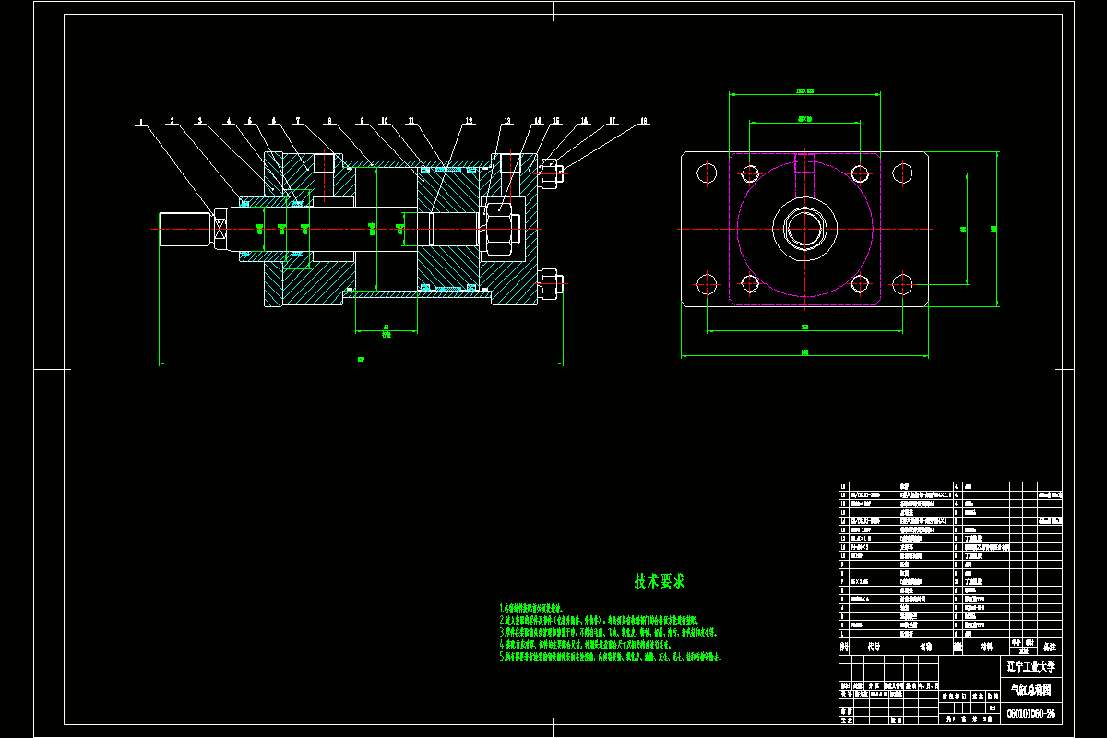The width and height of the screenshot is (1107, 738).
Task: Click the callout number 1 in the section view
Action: tap(141, 121)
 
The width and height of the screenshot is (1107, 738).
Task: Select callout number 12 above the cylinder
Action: tap(469, 121)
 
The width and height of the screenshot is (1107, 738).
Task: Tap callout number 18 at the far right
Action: tap(644, 121)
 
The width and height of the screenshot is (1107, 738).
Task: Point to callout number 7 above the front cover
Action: tap(298, 121)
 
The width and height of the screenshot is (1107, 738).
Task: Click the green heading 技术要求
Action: tap(660, 581)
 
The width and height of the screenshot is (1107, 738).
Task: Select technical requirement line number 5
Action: tap(609, 657)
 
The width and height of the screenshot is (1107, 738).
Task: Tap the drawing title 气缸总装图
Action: tap(1031, 689)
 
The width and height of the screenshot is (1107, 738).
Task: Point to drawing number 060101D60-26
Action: tap(1031, 713)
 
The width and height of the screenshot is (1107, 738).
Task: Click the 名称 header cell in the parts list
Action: tap(925, 648)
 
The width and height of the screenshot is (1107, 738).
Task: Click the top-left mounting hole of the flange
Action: tap(708, 173)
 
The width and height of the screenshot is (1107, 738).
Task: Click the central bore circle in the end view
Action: tap(805, 228)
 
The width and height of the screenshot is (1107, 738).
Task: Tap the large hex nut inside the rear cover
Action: tap(501, 228)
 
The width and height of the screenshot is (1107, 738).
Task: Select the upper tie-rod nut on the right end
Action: tap(551, 173)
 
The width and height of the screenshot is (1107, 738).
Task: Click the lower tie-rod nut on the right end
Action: tap(551, 283)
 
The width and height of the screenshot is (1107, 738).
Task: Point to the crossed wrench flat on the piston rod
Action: tap(220, 229)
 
